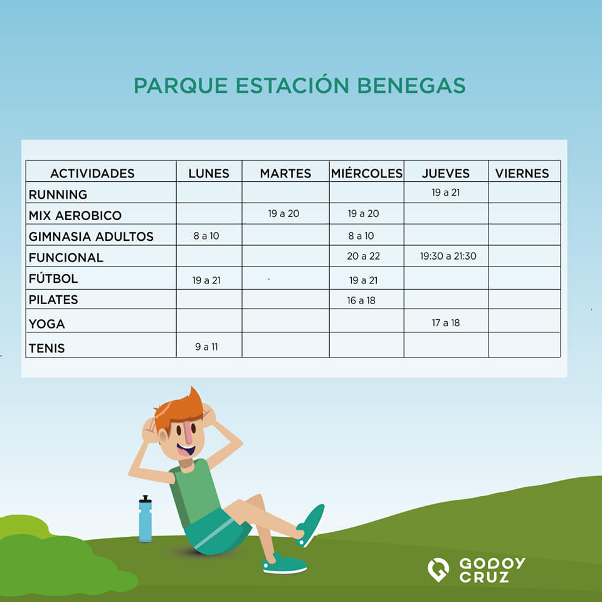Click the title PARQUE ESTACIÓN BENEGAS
pyautogui.click(x=300, y=85)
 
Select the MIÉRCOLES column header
pyautogui.click(x=367, y=174)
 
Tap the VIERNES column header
pyautogui.click(x=522, y=174)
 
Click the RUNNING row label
pyautogui.click(x=58, y=194)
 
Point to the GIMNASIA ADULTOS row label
pyautogui.click(x=91, y=236)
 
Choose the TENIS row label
pyautogui.click(x=46, y=348)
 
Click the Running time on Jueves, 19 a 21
pyautogui.click(x=446, y=193)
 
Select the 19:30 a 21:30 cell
pyautogui.click(x=448, y=256)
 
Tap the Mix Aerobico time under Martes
pyautogui.click(x=283, y=213)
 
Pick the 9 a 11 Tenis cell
pyautogui.click(x=206, y=347)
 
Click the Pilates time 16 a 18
pyautogui.click(x=361, y=300)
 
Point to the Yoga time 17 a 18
pyautogui.click(x=446, y=323)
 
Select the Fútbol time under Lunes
pyautogui.click(x=206, y=280)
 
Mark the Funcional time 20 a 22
pyautogui.click(x=364, y=256)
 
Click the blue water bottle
pyautogui.click(x=145, y=519)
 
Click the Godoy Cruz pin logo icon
pyautogui.click(x=438, y=569)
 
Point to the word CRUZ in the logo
pyautogui.click(x=484, y=577)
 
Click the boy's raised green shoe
pyautogui.click(x=311, y=524)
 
